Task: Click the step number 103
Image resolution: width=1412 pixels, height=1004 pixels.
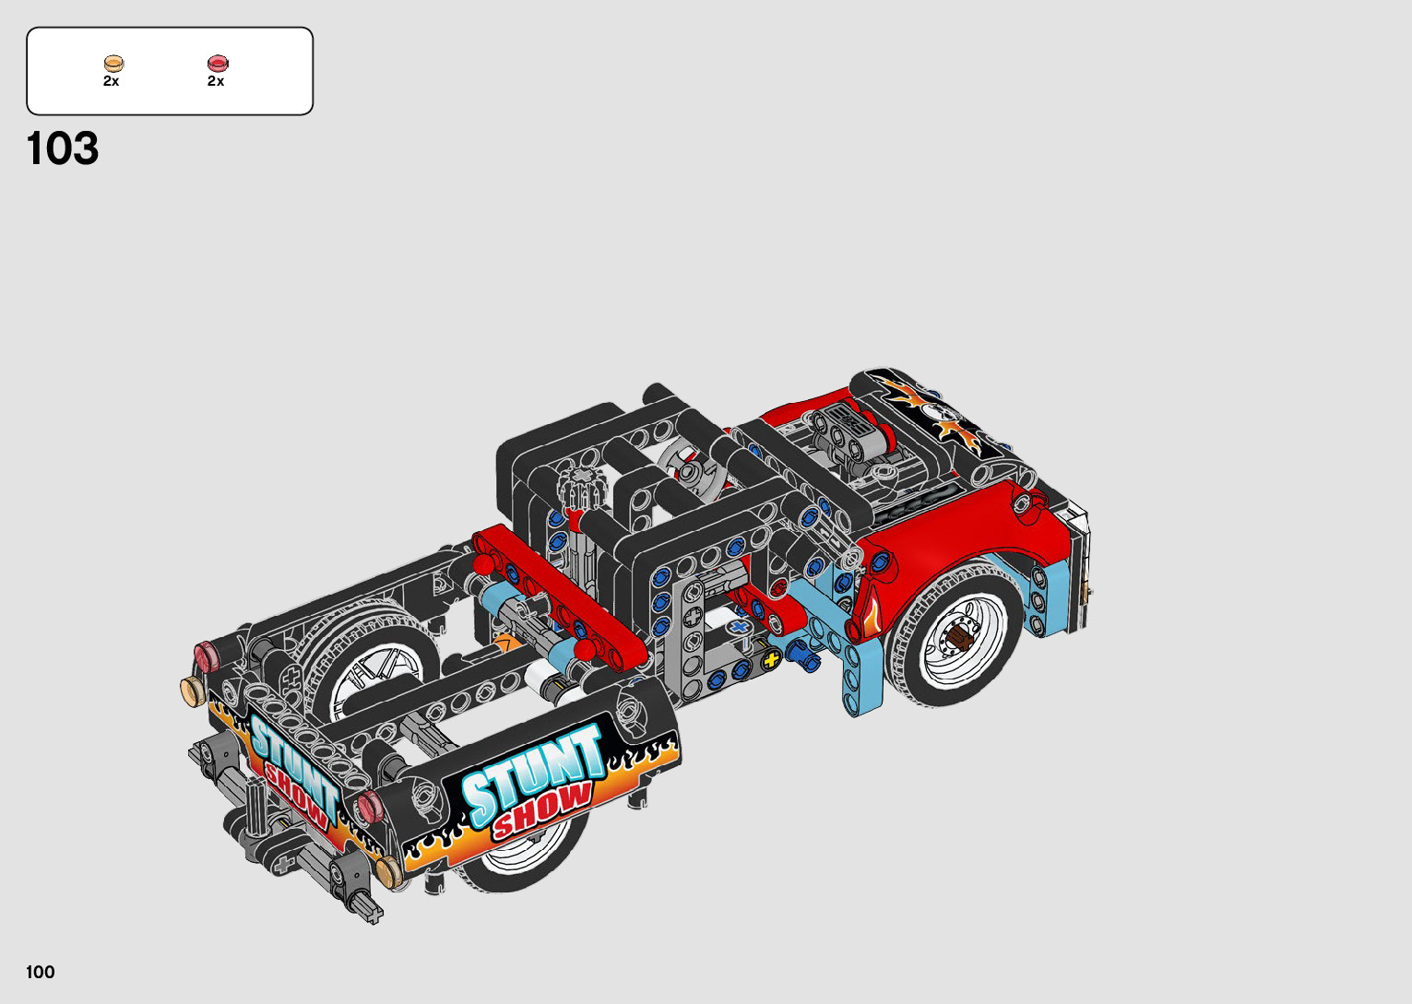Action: (x=63, y=148)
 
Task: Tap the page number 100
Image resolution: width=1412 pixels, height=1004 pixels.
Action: (x=41, y=972)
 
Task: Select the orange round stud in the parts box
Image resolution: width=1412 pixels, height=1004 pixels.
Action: (x=114, y=63)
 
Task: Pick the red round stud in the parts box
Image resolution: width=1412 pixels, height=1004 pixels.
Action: (x=218, y=63)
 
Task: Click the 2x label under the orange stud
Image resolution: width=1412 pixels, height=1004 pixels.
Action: (x=111, y=81)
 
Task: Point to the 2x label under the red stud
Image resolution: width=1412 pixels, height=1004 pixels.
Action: (x=216, y=81)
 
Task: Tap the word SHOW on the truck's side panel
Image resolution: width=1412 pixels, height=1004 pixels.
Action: (x=543, y=811)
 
